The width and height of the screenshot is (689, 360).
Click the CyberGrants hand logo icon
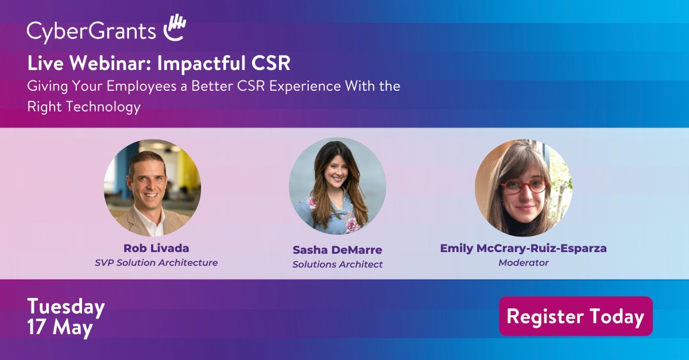[174, 28]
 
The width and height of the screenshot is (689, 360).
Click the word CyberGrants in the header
[91, 31]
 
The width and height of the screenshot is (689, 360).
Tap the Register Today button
[575, 316]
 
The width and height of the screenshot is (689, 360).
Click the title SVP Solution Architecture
[156, 263]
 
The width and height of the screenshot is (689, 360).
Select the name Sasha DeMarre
[337, 250]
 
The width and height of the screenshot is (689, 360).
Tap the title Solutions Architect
[337, 264]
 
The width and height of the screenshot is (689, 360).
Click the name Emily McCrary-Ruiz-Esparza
[523, 249]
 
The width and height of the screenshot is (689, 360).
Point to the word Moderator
[523, 263]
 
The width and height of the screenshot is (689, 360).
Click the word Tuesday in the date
[65, 308]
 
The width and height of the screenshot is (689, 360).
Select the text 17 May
[60, 328]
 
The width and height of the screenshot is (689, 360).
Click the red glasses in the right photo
[524, 186]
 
